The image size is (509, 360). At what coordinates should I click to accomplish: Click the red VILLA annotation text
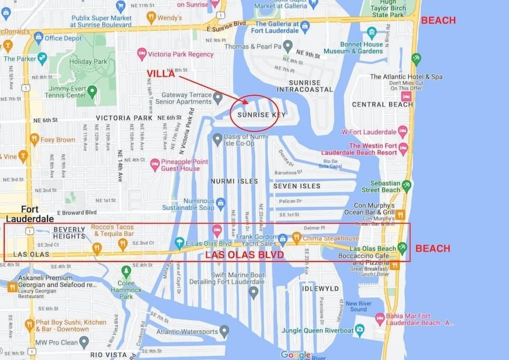point(161,74)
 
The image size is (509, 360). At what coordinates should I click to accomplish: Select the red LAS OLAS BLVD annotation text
point(244,254)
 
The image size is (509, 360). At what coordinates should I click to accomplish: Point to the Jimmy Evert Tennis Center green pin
point(92,92)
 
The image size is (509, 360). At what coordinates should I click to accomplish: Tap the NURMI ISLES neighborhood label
point(234,181)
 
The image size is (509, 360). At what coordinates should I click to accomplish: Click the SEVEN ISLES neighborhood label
point(297,186)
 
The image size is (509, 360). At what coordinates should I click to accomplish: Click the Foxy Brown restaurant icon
point(34,139)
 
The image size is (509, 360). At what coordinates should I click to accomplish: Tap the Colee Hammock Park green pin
point(126,271)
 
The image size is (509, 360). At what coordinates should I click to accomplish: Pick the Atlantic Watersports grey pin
point(224,332)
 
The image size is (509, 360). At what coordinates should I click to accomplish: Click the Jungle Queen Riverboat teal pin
point(360,330)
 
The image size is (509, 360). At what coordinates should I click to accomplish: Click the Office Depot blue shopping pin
point(38,38)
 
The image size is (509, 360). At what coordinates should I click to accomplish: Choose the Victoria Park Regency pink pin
point(142,54)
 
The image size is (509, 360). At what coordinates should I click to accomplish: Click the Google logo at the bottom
point(295,355)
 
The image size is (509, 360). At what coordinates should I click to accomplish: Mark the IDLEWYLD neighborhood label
point(320,288)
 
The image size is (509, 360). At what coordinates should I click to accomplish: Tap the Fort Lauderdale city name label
point(30,214)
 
